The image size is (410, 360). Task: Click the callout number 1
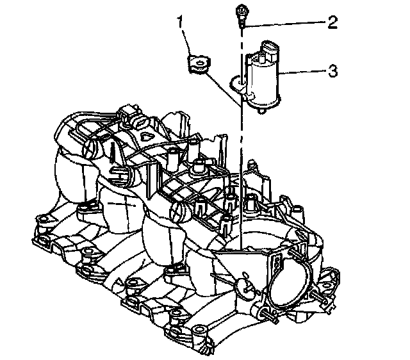coord(182,24)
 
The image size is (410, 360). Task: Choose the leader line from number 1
coord(185,42)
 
